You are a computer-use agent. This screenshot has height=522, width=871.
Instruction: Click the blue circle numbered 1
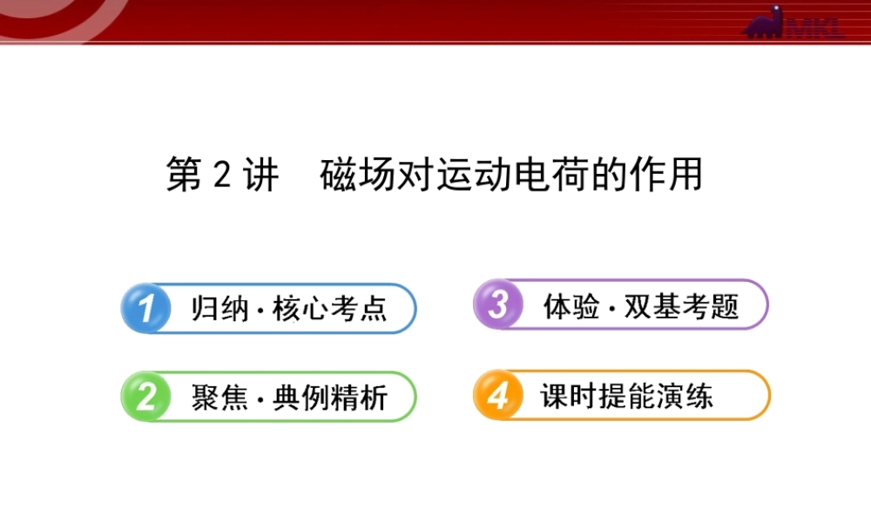click(x=145, y=307)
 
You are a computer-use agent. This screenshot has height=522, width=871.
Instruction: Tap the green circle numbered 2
click(x=145, y=397)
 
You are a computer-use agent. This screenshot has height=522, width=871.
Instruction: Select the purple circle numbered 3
click(x=497, y=304)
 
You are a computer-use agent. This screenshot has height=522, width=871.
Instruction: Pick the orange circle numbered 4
click(x=497, y=396)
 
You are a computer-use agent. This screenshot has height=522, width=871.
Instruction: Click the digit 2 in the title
click(x=221, y=175)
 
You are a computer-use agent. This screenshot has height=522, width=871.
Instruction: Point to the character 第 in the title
click(x=184, y=175)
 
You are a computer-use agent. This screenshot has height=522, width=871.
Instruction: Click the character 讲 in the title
click(x=260, y=175)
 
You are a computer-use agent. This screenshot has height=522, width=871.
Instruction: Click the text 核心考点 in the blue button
click(x=330, y=309)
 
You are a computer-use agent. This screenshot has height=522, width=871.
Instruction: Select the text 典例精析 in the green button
click(x=330, y=398)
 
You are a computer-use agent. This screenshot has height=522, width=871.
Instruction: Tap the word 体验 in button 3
click(x=571, y=306)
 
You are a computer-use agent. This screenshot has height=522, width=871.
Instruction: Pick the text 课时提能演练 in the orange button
click(x=626, y=397)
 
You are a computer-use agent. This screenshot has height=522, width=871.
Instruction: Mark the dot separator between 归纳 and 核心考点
click(x=260, y=311)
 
